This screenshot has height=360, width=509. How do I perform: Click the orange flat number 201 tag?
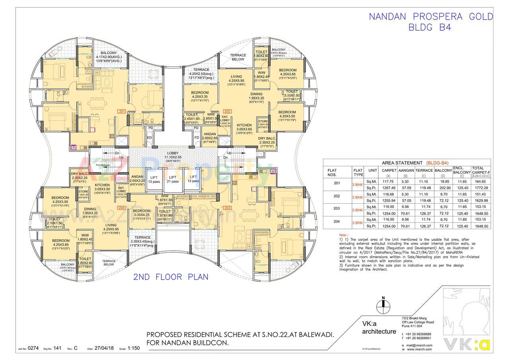(122, 111)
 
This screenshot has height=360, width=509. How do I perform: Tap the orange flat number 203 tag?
(227, 207)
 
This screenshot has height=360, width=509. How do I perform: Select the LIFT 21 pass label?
(173, 179)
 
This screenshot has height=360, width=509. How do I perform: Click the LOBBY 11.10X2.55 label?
(173, 155)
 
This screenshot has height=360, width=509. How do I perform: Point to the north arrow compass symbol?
(383, 306)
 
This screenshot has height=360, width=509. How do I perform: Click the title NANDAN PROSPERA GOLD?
(431, 17)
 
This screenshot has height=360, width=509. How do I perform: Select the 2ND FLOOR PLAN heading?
(171, 277)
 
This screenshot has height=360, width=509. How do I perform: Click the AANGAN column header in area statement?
(406, 170)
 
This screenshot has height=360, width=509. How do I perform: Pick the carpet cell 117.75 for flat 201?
(387, 181)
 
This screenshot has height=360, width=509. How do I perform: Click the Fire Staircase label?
(102, 164)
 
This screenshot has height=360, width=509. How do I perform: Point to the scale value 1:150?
(134, 348)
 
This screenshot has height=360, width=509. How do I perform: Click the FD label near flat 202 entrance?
(196, 138)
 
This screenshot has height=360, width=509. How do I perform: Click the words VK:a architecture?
(379, 327)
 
